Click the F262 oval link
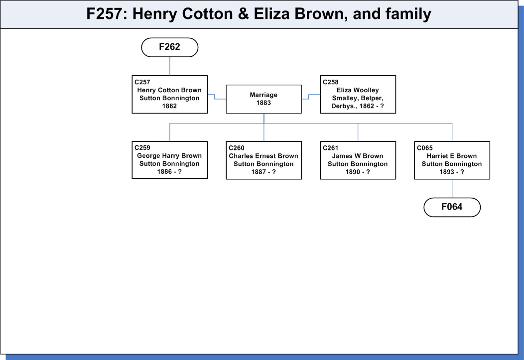point(170,47)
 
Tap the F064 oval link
point(452,207)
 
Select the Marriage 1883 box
point(263,99)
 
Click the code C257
point(142,82)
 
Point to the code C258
point(331,82)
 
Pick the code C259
point(142,147)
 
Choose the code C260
point(236,147)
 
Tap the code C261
point(331,147)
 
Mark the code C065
point(425,147)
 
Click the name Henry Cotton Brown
point(169,90)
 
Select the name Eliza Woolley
point(358,90)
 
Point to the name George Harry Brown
point(169,156)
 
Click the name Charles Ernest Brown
point(263,156)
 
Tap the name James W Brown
point(358,156)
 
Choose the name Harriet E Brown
point(451,156)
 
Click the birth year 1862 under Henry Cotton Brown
point(169,106)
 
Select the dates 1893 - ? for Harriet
point(451,172)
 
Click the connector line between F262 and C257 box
point(170,66)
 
